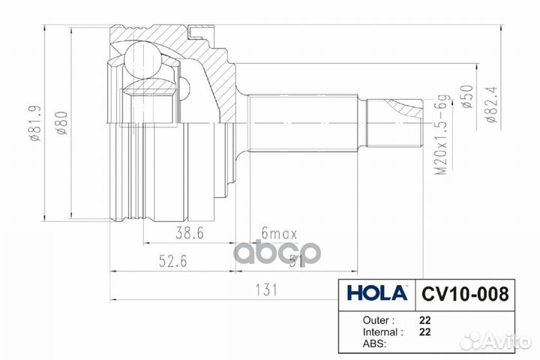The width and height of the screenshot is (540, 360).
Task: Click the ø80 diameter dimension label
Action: tap(64, 124)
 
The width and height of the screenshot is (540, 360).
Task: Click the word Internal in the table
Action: tap(373, 331)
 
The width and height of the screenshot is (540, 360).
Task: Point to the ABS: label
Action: tap(364, 343)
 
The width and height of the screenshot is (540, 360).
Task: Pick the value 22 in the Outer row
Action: tap(424, 318)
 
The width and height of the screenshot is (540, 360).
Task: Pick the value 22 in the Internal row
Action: tap(424, 331)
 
